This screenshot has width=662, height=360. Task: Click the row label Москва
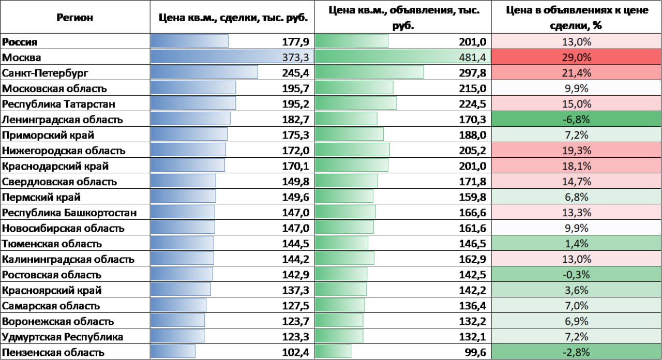(x=22, y=57)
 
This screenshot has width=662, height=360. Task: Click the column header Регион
(x=75, y=18)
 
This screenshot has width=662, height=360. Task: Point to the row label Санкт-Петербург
(x=45, y=73)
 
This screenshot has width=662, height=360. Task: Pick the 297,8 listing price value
(x=472, y=73)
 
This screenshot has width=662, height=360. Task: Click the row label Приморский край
(x=41, y=135)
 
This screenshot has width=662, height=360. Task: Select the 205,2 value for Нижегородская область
(x=472, y=151)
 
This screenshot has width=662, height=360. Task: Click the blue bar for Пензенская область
(x=173, y=352)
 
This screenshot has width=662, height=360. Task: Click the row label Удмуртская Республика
(x=63, y=337)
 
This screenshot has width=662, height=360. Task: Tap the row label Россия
(x=20, y=42)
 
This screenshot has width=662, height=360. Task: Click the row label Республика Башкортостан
(x=69, y=213)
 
